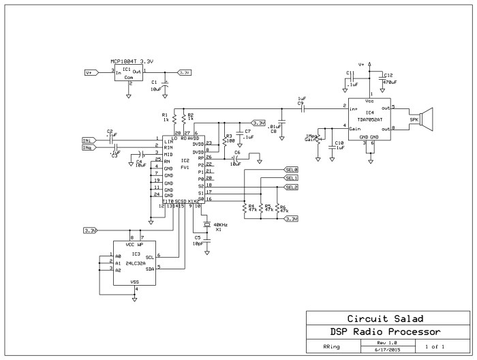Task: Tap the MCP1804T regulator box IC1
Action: coord(128,74)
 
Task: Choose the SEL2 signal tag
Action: coord(291,187)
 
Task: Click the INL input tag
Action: coord(89,140)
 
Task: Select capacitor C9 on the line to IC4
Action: coord(301,107)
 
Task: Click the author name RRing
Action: coord(332,346)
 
